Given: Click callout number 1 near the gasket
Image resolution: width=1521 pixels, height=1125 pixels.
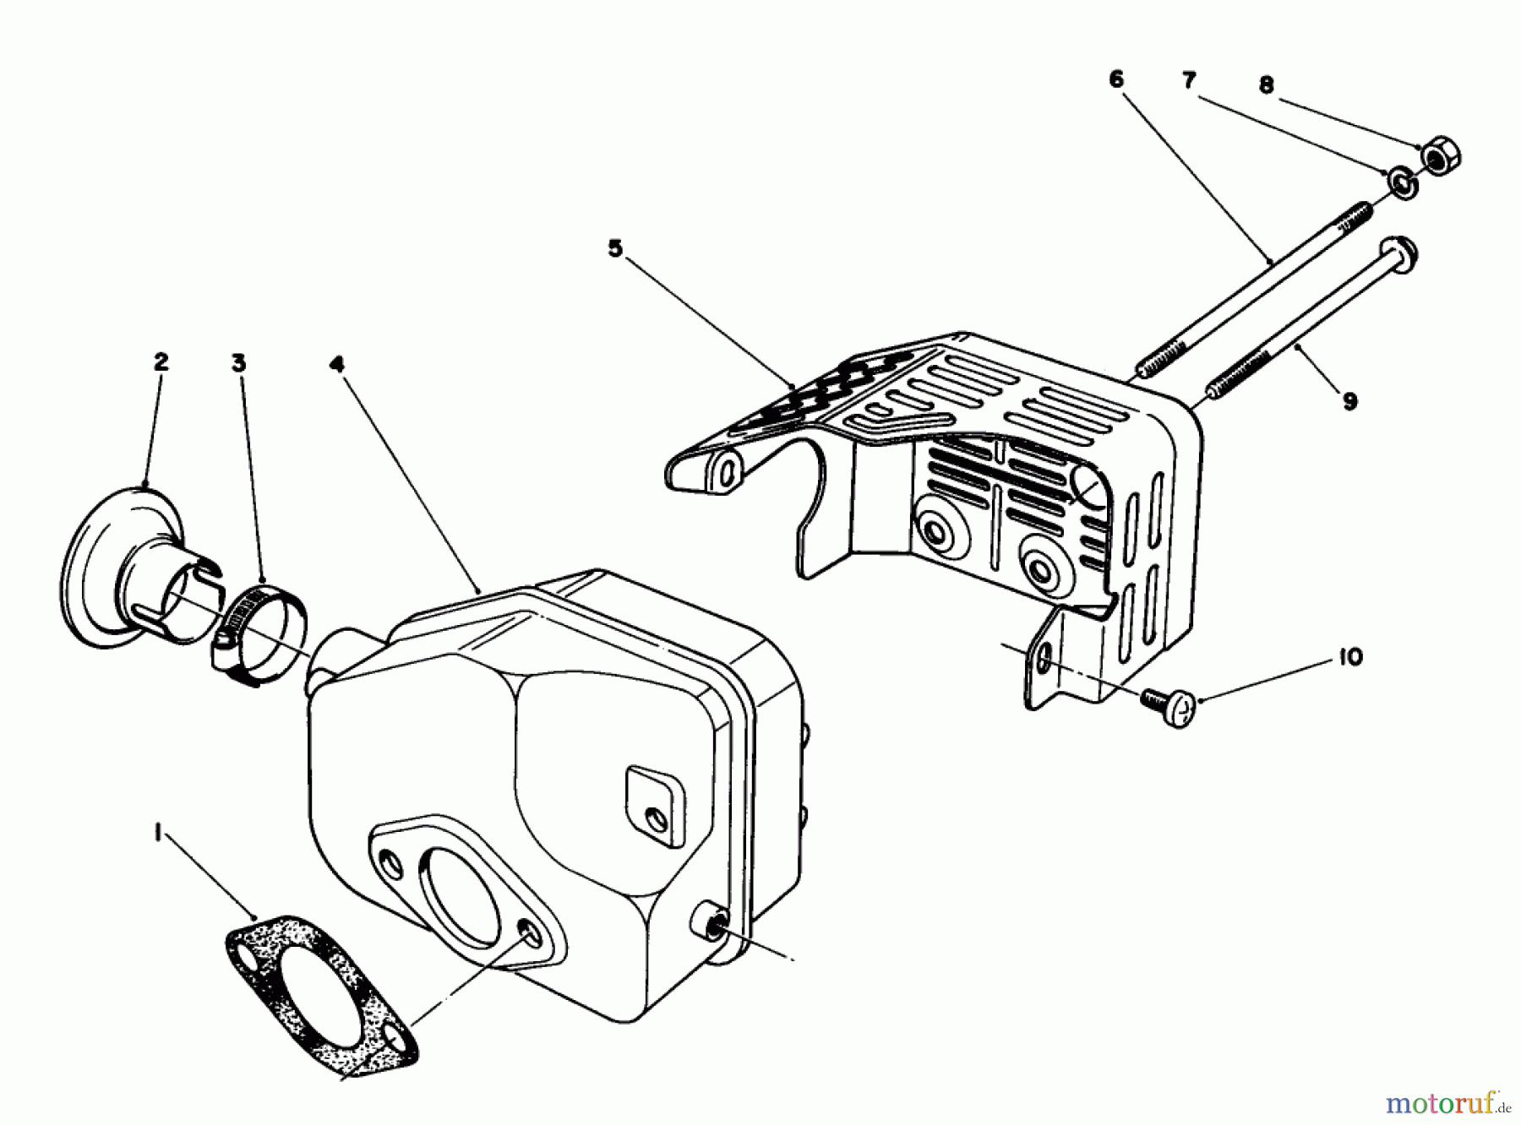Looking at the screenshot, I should click(x=157, y=833).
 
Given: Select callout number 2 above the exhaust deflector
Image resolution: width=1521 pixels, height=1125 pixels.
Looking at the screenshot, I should click(x=161, y=362).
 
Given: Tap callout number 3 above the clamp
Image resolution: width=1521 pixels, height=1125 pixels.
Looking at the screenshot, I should click(x=239, y=363).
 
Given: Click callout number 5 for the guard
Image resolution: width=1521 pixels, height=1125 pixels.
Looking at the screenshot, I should click(x=614, y=248).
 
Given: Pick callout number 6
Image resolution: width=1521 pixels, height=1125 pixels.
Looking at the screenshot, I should click(x=1116, y=79).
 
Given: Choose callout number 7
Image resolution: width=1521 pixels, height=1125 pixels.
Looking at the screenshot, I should click(x=1190, y=81).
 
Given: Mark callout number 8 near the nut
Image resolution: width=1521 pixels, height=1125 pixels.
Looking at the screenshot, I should click(x=1266, y=85).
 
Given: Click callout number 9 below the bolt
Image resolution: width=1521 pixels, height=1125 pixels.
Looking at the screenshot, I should click(x=1349, y=401).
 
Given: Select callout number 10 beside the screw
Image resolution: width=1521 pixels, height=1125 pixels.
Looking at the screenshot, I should click(x=1351, y=656).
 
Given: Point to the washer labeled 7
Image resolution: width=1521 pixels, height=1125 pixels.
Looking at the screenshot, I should click(x=1401, y=182).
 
